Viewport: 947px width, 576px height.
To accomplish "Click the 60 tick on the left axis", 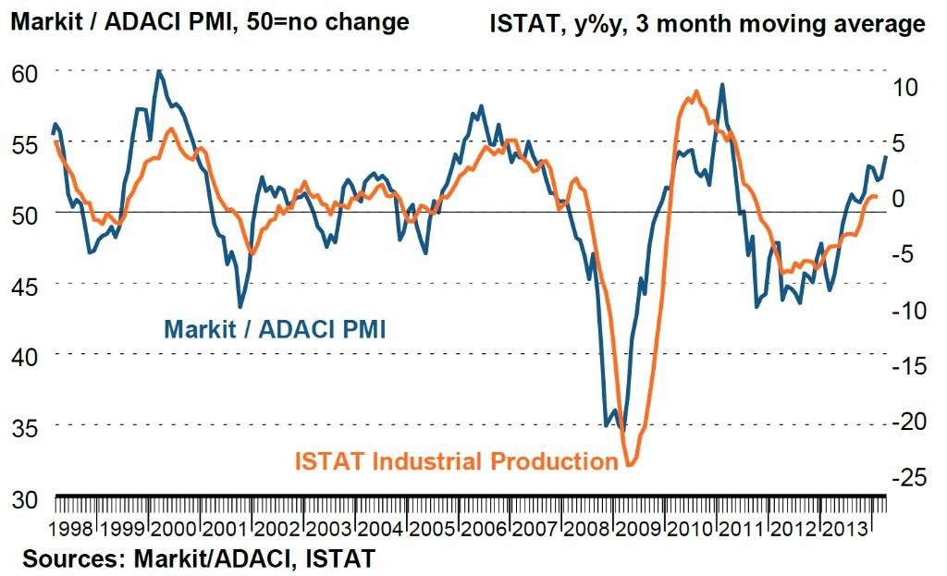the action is (25, 73).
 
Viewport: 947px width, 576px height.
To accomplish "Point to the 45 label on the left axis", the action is (25, 287).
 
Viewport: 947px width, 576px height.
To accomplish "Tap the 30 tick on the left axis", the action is (25, 500).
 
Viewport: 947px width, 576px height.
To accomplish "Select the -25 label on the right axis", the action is (909, 478).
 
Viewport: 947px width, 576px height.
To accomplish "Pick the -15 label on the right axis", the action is (909, 365).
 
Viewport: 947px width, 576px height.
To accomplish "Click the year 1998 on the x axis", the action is (71, 530).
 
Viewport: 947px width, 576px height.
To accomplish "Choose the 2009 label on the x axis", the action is (638, 530).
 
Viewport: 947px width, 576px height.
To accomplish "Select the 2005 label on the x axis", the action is (433, 530).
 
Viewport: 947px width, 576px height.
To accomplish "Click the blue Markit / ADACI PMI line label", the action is (275, 330).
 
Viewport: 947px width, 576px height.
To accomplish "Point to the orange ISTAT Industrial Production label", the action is (457, 461).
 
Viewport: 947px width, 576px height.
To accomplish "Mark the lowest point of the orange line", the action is (629, 465).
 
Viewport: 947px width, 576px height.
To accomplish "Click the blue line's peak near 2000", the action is (159, 71).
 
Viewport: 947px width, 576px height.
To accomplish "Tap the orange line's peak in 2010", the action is (696, 92).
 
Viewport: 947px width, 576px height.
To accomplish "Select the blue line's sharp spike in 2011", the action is (721, 85).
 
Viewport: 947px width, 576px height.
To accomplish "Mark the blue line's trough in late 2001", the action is (240, 307).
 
